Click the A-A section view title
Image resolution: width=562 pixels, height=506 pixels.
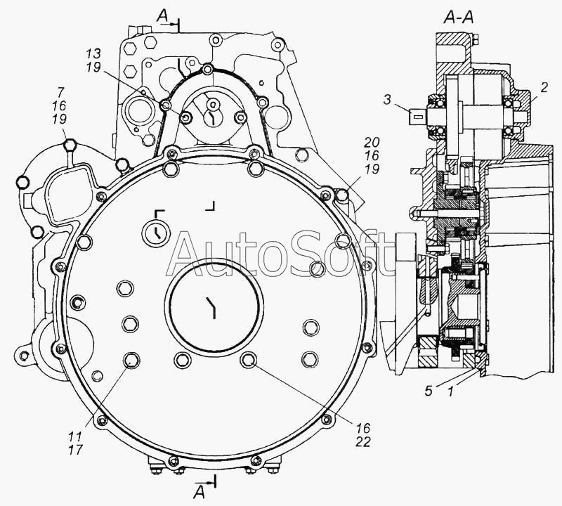click(x=459, y=16)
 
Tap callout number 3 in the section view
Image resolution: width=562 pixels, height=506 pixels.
click(x=387, y=99)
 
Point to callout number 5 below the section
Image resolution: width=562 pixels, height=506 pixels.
click(x=429, y=391)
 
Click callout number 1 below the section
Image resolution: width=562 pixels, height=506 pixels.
click(x=450, y=391)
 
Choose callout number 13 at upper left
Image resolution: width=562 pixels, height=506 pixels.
click(x=93, y=54)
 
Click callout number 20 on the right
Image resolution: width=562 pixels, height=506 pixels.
click(x=372, y=143)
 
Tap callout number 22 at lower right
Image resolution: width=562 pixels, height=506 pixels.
click(x=362, y=441)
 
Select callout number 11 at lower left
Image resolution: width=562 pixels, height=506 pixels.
click(x=76, y=436)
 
